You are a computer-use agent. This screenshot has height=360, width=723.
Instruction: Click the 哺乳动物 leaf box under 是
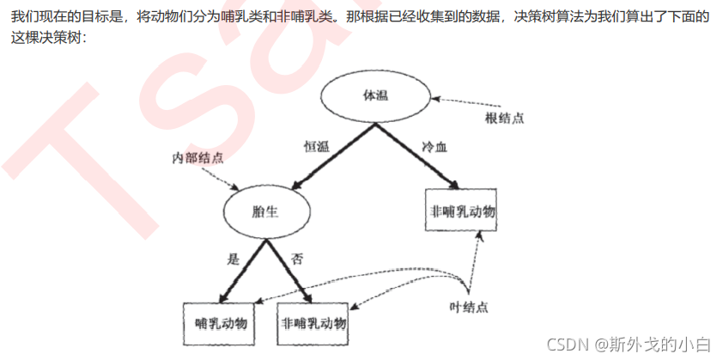click(221, 323)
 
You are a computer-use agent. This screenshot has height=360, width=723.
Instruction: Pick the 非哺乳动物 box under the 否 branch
click(314, 323)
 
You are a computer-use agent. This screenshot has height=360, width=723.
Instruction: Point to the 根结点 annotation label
click(503, 118)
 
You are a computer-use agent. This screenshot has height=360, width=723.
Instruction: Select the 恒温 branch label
click(316, 147)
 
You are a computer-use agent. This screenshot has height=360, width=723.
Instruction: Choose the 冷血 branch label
click(434, 147)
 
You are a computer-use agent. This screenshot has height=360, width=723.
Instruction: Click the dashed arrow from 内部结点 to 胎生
click(225, 178)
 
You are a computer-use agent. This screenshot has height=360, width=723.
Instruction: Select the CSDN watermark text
click(626, 345)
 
